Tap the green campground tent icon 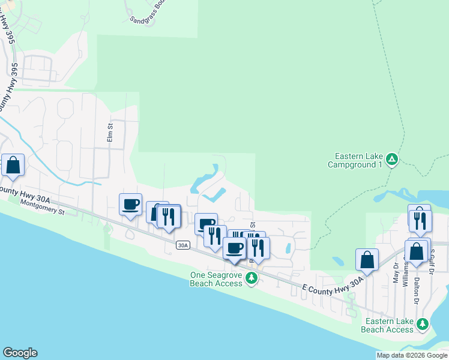pyautogui.click(x=392, y=159)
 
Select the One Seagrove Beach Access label pyautogui.click(x=216, y=278)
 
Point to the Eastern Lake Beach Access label pyautogui.click(x=387, y=325)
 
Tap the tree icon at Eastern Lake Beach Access pyautogui.click(x=423, y=324)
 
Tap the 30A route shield pyautogui.click(x=183, y=245)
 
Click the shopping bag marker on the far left pyautogui.click(x=13, y=165)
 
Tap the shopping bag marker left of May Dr pyautogui.click(x=367, y=259)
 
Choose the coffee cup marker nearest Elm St pyautogui.click(x=130, y=204)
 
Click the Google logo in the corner pyautogui.click(x=20, y=353)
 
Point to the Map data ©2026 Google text pyautogui.click(x=412, y=355)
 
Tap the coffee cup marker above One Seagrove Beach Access pyautogui.click(x=235, y=248)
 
